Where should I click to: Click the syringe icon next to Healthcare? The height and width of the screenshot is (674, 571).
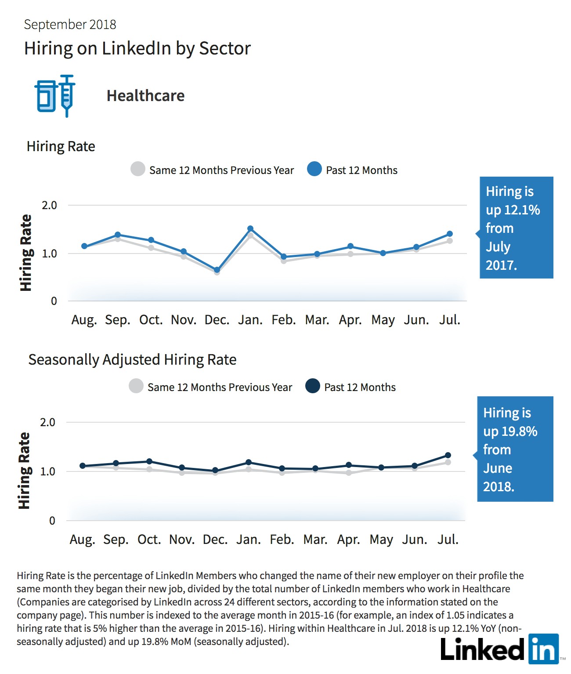(67, 95)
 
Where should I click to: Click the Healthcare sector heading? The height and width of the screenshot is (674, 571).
(145, 96)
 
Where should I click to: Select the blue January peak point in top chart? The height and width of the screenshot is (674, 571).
(250, 228)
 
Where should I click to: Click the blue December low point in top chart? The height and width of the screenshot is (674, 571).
(217, 270)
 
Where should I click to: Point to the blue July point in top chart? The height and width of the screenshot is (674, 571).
(450, 234)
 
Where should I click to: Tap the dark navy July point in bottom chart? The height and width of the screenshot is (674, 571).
(448, 455)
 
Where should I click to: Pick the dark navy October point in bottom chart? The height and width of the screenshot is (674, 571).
(149, 461)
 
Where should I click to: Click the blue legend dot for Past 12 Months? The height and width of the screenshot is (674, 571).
(314, 169)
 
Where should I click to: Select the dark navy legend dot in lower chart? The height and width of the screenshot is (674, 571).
(313, 386)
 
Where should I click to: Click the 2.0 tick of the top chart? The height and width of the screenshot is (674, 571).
(49, 206)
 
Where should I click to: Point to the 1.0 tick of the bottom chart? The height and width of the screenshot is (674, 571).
(47, 471)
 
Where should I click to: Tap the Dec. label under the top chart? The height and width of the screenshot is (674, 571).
(217, 320)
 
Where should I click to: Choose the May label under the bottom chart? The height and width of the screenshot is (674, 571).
(381, 540)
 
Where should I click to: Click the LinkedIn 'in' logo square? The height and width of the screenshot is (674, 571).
(544, 649)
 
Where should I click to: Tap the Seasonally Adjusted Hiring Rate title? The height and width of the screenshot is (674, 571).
(132, 360)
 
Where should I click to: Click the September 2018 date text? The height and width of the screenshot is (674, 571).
(70, 25)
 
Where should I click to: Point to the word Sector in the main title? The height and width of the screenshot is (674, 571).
(225, 48)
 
